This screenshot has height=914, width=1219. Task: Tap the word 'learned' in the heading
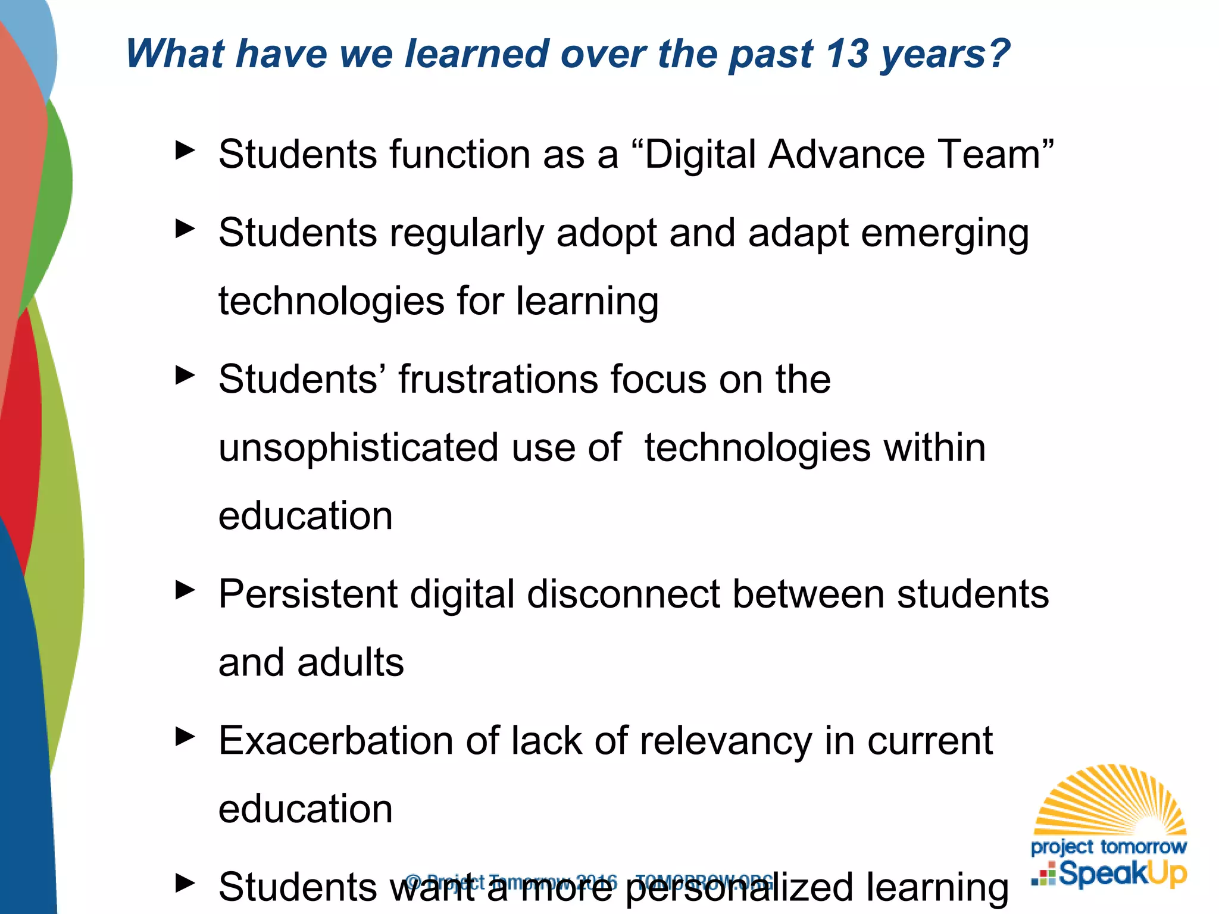(x=476, y=54)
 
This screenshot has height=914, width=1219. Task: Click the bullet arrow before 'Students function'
(x=185, y=150)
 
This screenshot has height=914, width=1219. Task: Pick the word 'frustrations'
(x=498, y=379)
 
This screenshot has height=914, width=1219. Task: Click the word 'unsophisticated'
(x=359, y=448)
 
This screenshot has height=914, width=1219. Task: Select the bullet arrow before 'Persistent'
(x=185, y=590)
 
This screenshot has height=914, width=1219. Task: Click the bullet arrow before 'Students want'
(x=185, y=882)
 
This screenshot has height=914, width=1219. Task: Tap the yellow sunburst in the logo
(x=1111, y=800)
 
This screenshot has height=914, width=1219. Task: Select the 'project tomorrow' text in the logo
(x=1108, y=846)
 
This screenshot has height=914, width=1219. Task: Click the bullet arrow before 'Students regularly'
(x=185, y=228)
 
